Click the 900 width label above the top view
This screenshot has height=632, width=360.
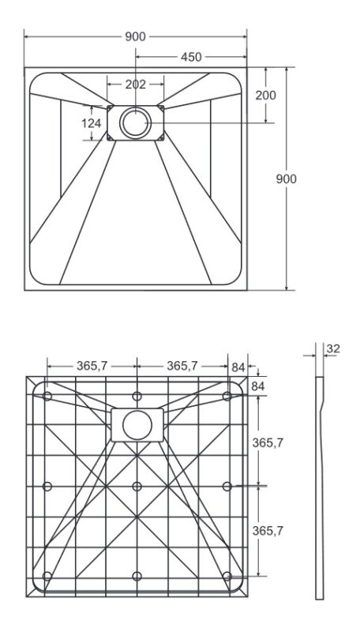pos(135,36)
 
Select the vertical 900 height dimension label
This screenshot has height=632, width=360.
pos(286,179)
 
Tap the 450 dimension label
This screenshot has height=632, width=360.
pos(191,57)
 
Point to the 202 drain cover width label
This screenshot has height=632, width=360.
pos(135,85)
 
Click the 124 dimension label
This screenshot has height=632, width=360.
pos(92,123)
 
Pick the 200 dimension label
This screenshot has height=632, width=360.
pos(266,95)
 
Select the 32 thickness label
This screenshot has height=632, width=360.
pos(333,348)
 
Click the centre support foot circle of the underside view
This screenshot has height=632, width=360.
pos(137,487)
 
